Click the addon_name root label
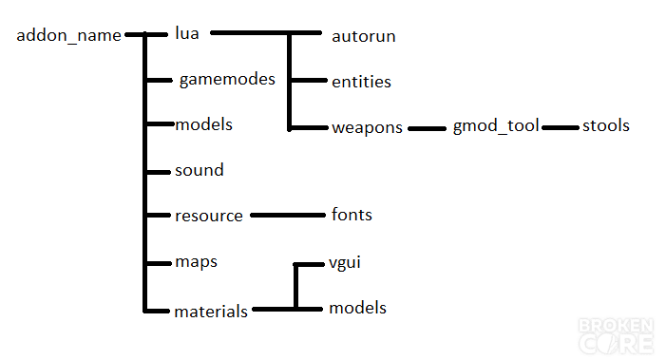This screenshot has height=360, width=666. click(68, 36)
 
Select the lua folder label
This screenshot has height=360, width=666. click(187, 33)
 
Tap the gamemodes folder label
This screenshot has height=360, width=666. click(227, 80)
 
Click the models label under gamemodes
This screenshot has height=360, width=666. click(204, 124)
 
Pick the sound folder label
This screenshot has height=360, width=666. click(200, 170)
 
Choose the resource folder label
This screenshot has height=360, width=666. click(209, 216)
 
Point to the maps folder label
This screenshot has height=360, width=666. click(197, 262)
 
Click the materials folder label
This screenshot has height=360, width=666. click(211, 312)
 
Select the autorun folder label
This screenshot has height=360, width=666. click(364, 36)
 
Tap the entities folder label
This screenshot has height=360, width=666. click(361, 82)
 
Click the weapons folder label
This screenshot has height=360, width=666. click(367, 127)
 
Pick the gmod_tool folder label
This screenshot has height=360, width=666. click(496, 126)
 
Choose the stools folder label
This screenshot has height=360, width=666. click(606, 125)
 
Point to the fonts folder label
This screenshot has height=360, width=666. click(352, 215)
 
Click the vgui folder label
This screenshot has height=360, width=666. click(345, 263)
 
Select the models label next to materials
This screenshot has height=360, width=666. click(357, 308)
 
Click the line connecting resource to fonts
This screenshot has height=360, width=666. click(288, 216)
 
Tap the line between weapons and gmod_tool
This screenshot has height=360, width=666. click(427, 128)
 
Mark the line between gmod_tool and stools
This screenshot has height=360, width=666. click(561, 127)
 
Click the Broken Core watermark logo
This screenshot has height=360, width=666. click(616, 336)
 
